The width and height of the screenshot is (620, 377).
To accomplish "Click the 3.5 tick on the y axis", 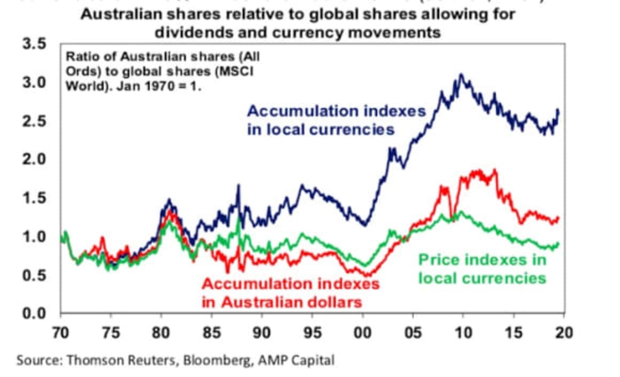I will [x=33, y=44].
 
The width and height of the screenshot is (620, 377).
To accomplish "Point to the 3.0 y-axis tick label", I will [x=33, y=83].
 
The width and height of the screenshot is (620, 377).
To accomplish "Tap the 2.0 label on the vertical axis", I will [x=33, y=160].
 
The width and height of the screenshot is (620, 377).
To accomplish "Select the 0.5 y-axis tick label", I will [x=33, y=275].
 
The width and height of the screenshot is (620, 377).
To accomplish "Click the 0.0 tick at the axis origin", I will [x=33, y=313].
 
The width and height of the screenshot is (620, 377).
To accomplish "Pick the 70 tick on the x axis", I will [x=60, y=333].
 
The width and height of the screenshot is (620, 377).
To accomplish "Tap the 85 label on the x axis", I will [x=211, y=333].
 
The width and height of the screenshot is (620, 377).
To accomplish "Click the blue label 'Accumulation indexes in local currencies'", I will [x=336, y=120].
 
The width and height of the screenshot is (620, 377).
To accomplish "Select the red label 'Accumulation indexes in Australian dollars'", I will [x=290, y=292].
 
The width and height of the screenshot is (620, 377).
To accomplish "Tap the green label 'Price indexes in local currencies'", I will [x=482, y=269].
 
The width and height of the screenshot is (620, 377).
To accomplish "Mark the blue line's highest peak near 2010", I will [x=461, y=75].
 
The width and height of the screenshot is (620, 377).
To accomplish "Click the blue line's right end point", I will [x=559, y=110].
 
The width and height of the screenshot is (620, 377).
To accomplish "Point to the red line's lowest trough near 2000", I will [x=368, y=275].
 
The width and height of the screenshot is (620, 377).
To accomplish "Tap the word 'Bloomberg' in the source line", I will [x=214, y=360].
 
